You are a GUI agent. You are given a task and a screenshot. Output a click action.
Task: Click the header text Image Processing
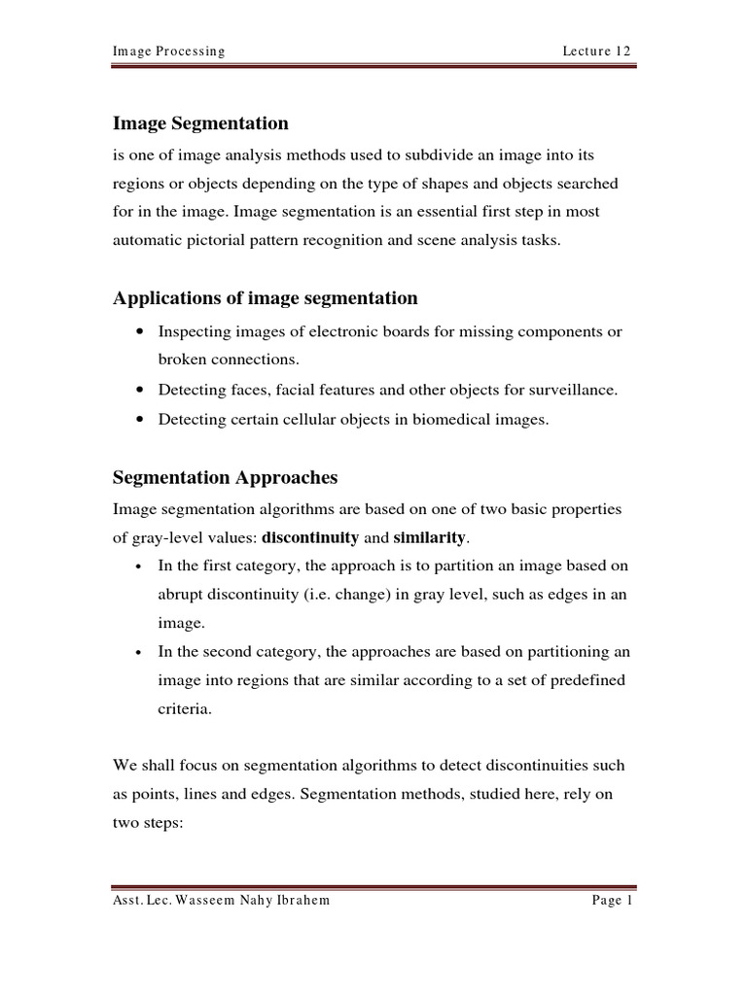click(x=169, y=51)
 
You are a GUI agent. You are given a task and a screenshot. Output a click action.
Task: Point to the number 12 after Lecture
click(x=624, y=51)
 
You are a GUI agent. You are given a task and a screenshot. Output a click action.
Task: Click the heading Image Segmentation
click(x=200, y=123)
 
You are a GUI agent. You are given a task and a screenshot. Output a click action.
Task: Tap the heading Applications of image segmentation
click(x=266, y=297)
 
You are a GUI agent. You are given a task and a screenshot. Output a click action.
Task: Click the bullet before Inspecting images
click(x=143, y=332)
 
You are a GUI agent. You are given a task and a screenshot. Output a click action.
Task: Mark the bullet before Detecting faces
click(x=143, y=391)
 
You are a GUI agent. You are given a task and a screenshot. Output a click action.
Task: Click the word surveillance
click(x=575, y=391)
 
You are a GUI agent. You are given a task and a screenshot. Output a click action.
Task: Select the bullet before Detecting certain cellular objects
click(x=143, y=420)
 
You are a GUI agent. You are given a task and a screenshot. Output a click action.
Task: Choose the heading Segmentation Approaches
click(x=225, y=477)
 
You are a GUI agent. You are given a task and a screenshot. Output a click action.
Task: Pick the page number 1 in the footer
click(x=629, y=900)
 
